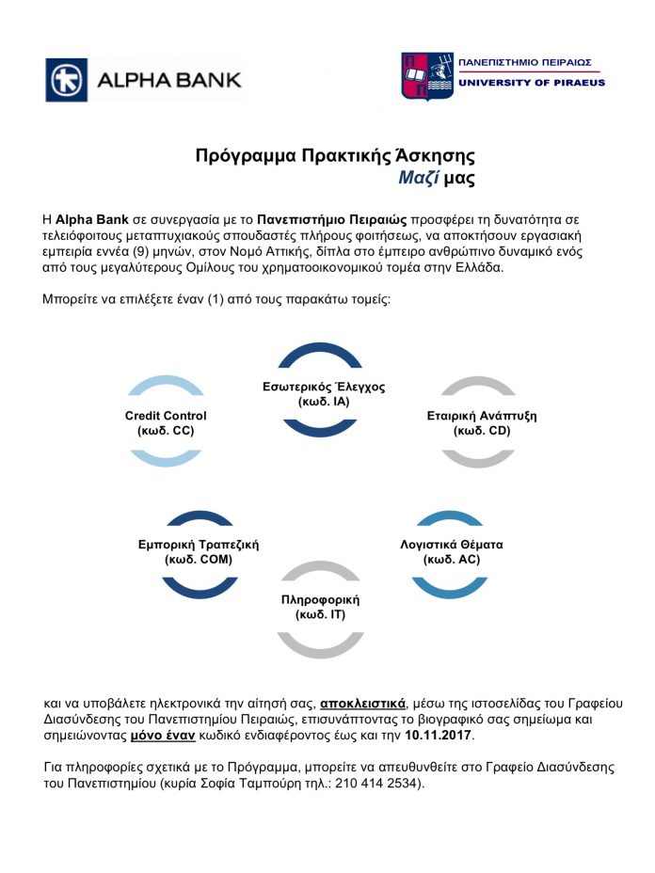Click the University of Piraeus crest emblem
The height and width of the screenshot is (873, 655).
click(425, 77)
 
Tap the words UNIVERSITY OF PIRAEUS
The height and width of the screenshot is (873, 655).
click(531, 83)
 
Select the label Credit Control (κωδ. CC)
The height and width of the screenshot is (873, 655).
click(166, 422)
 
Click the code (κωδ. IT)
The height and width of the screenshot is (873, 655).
click(321, 615)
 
